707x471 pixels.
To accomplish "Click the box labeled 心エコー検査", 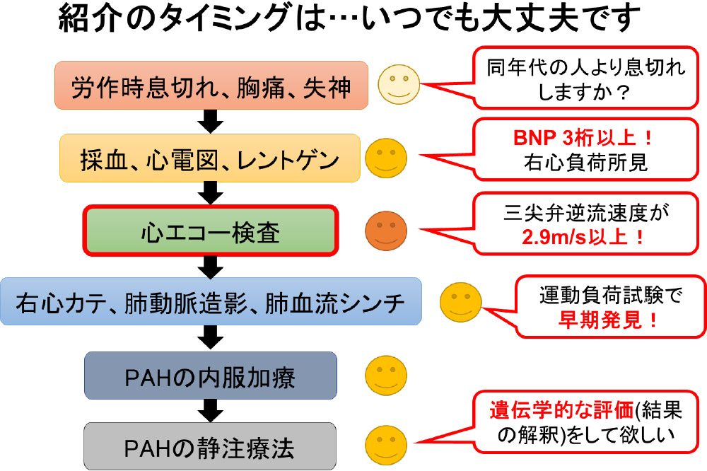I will tap(209, 231).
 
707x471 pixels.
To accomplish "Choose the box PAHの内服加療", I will tap(210, 375).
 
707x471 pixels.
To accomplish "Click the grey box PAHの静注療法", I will tap(210, 446).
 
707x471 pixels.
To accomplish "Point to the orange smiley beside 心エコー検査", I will tap(386, 231).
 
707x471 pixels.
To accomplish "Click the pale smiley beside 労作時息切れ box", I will tap(397, 83).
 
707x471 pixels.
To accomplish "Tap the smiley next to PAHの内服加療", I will tap(386, 375).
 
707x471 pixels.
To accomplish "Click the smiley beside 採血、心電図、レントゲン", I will tap(386, 158).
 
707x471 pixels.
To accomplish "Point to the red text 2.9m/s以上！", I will tap(583, 235).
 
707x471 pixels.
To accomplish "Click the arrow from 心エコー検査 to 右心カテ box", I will tap(210, 266).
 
